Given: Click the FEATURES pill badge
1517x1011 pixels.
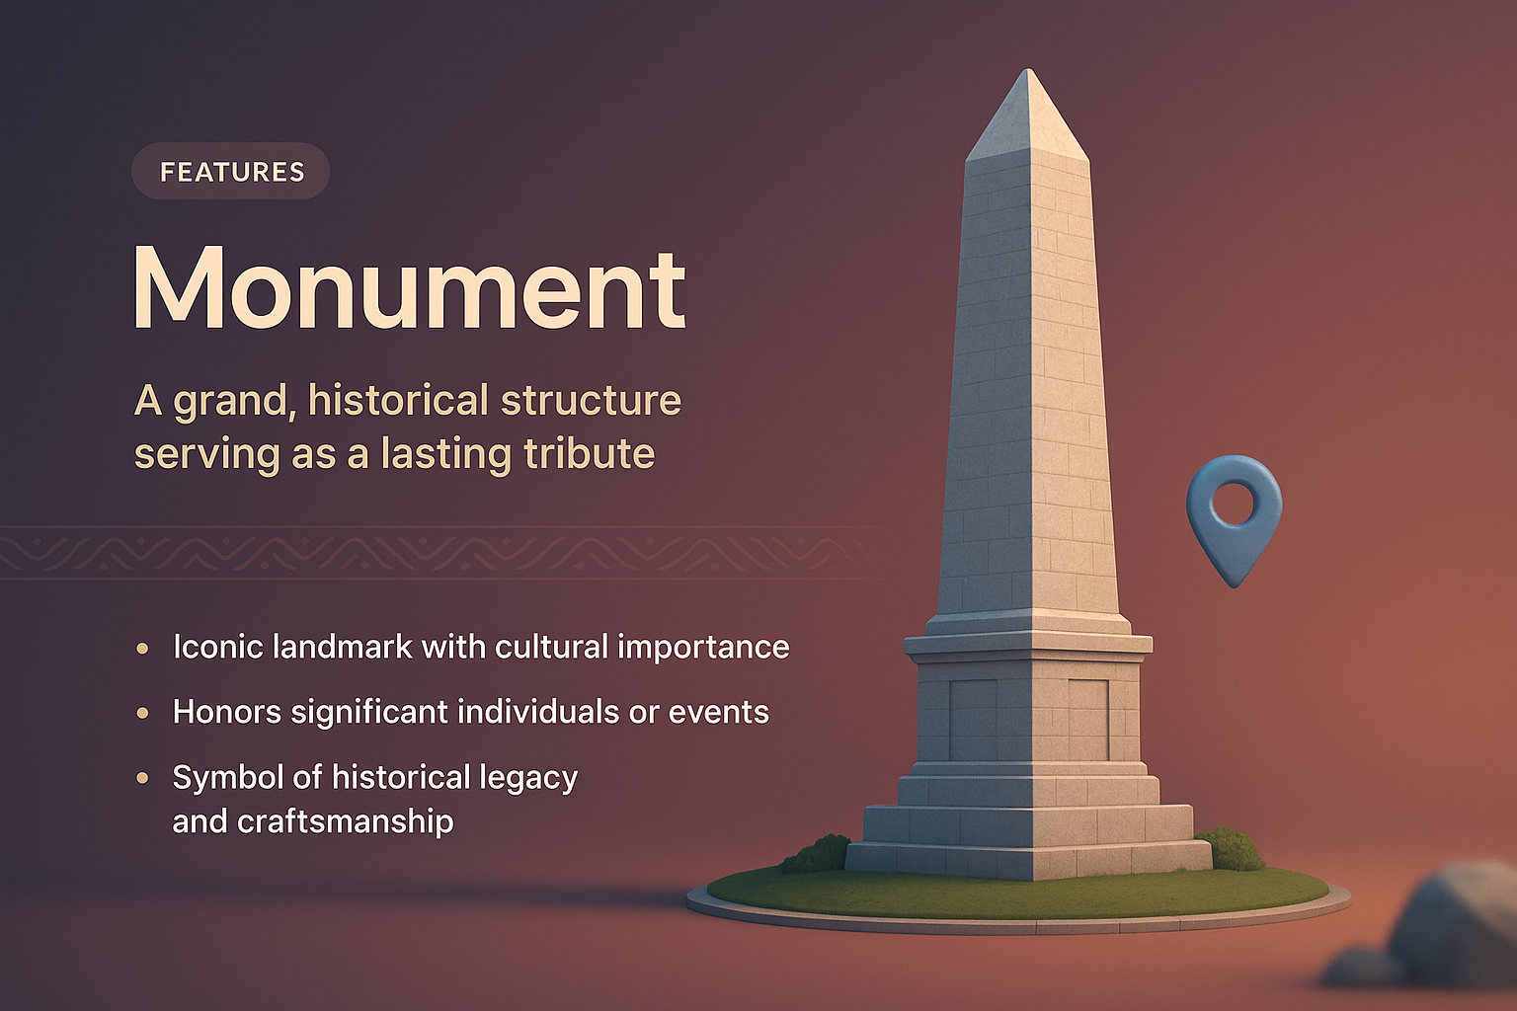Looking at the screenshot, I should (x=231, y=172).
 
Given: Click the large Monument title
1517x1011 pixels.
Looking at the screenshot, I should (x=409, y=287).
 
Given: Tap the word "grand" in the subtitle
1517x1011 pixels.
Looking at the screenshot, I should (x=232, y=402).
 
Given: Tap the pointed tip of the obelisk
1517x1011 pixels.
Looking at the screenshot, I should (x=1029, y=73).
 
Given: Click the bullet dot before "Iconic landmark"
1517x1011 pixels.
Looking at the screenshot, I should (x=143, y=649).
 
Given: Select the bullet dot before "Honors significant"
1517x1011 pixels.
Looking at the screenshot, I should (x=143, y=713).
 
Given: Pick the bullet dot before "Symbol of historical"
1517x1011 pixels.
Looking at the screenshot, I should (x=143, y=778).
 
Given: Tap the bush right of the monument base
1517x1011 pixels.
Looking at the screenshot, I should (x=1231, y=848).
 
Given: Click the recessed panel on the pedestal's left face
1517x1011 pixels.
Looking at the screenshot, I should (x=973, y=719).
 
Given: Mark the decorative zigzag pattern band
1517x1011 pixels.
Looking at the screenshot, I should (x=435, y=553).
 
